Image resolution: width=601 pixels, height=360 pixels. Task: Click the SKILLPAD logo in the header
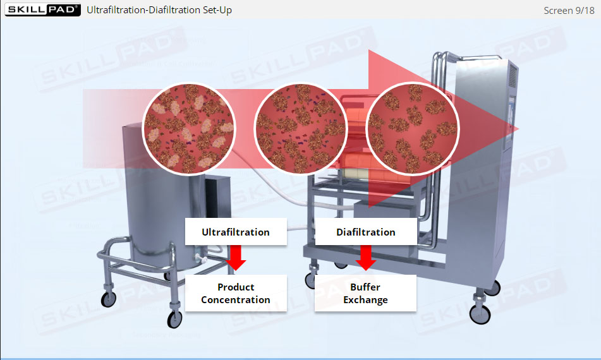tap(42, 9)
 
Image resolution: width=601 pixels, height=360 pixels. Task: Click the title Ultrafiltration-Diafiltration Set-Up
tap(159, 10)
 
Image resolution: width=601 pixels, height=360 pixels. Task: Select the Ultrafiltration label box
tap(236, 232)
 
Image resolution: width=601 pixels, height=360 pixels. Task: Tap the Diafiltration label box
tap(365, 232)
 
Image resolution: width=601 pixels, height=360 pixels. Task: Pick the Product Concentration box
tap(236, 293)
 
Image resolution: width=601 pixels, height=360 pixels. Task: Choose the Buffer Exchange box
tap(365, 293)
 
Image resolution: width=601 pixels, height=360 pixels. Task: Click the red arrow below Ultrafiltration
tap(236, 256)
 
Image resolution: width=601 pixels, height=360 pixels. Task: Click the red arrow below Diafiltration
tap(365, 256)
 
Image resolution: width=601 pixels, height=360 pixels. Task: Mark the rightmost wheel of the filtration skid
tap(479, 313)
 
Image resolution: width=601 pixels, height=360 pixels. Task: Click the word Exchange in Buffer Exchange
tap(365, 299)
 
